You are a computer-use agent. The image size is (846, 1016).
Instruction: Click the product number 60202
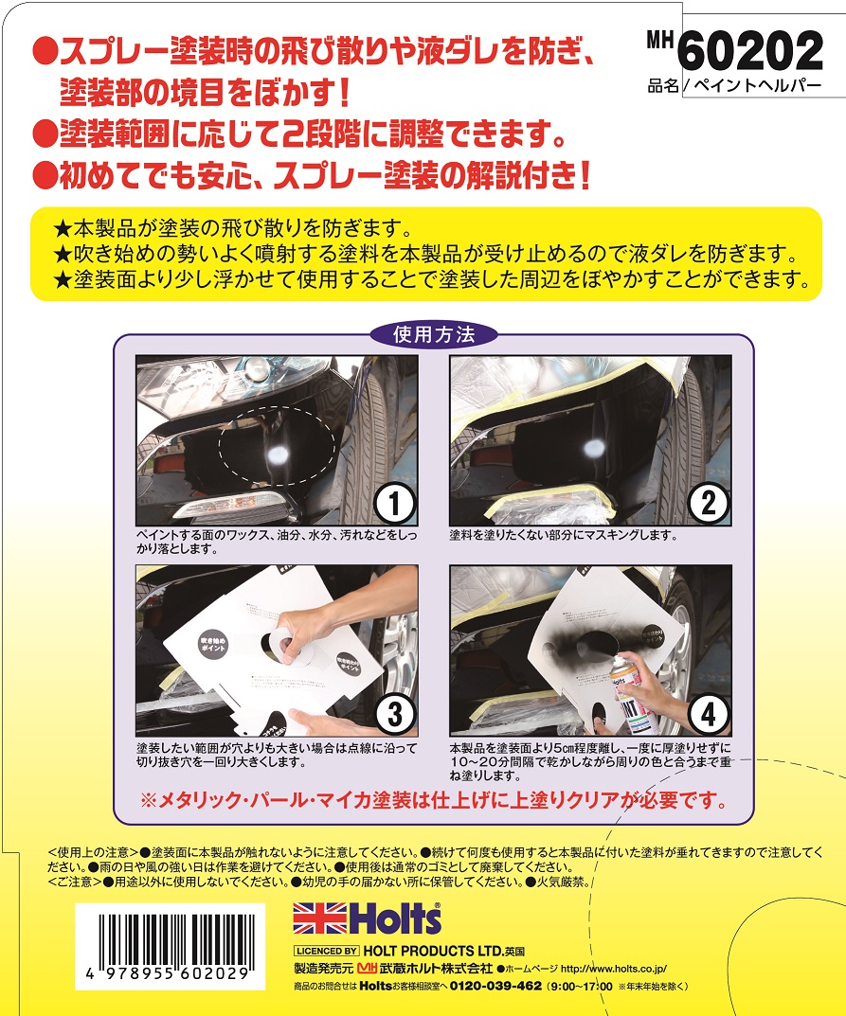tap(750, 51)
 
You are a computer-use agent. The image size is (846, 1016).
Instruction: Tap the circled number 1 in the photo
tap(394, 503)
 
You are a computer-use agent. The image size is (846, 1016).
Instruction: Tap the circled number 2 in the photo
tap(708, 503)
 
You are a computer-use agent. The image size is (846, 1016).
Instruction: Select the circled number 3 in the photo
tap(394, 715)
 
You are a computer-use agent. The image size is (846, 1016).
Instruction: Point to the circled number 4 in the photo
tap(708, 715)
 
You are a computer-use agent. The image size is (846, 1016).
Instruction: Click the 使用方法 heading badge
tap(434, 334)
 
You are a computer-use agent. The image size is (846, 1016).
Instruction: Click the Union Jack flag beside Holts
tap(319, 918)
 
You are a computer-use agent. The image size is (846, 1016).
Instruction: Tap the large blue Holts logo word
tap(395, 918)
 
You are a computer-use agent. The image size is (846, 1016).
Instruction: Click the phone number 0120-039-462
tap(495, 987)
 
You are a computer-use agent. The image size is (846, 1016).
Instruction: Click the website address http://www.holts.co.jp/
tap(614, 970)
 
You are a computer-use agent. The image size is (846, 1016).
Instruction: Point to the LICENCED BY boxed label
tap(327, 952)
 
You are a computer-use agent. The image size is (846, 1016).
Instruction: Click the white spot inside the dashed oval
tap(279, 455)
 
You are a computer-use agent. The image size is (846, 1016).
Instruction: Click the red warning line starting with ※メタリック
tap(434, 801)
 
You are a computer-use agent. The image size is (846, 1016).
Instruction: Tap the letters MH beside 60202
tap(660, 40)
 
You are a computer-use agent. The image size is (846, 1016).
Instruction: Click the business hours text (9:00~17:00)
tap(580, 987)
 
